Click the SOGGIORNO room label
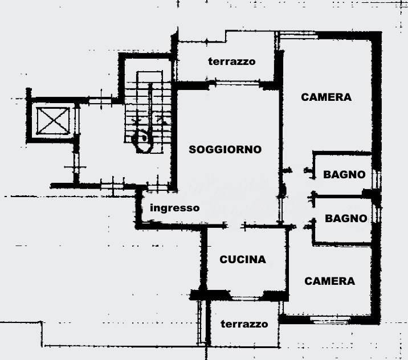225,150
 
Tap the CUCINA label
243,259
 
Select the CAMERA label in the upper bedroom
327,97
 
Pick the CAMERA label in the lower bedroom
330,281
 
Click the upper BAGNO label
344,174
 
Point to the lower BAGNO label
346,219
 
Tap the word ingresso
175,208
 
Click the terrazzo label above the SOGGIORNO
232,62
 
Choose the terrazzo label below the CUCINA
244,324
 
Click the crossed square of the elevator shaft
53,121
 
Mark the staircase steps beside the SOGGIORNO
148,112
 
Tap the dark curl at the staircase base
142,142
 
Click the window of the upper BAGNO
376,179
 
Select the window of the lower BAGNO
377,214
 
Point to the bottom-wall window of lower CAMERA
331,320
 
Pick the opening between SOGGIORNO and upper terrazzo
237,83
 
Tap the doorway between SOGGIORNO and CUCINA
235,226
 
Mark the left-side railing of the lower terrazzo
200,322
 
